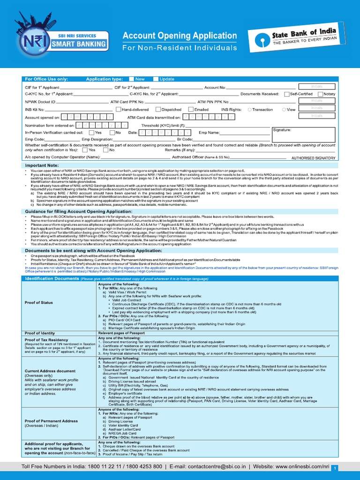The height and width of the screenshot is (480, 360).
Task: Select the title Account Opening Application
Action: pos(180,36)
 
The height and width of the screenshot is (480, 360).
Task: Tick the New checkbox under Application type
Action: pos(132,79)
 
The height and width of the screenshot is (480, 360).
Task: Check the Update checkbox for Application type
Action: pos(156,79)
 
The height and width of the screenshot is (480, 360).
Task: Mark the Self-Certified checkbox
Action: pos(286,94)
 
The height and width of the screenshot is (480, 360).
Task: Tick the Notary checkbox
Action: pos(320,94)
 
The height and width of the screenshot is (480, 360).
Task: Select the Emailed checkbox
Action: pos(191,109)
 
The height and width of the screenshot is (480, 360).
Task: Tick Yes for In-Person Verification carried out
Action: pos(91,133)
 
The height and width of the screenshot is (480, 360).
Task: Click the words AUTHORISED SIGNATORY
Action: pos(313,159)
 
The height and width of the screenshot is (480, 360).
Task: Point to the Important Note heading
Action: pos(42,165)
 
